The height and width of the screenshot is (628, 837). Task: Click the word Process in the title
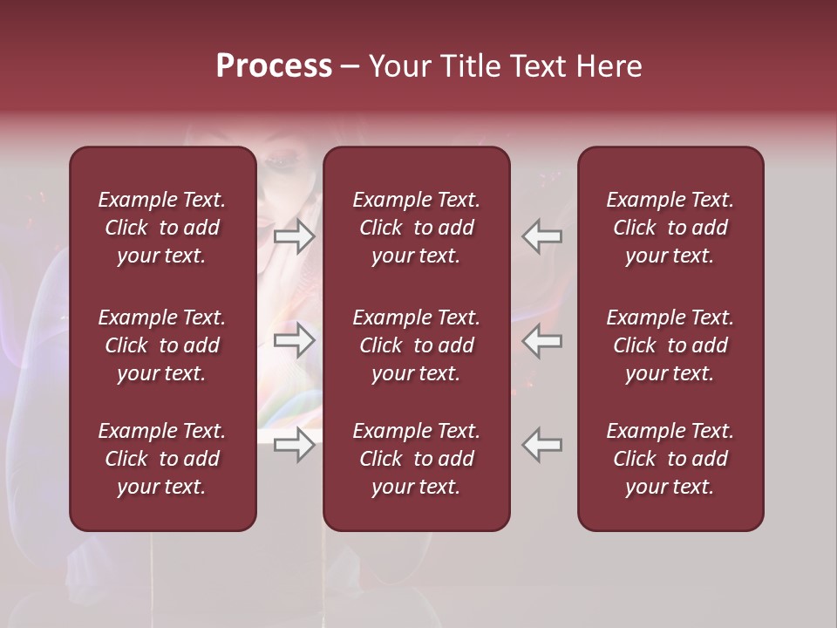(x=274, y=66)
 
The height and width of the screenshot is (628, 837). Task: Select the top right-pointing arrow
(x=295, y=237)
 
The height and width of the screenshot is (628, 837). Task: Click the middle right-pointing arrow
(x=295, y=340)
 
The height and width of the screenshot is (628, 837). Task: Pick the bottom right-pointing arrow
(x=295, y=445)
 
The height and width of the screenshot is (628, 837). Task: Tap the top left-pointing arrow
(x=542, y=237)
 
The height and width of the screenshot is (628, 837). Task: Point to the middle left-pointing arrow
(x=542, y=340)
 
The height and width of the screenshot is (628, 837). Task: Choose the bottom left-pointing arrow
(x=542, y=445)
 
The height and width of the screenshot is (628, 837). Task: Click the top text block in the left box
(x=162, y=228)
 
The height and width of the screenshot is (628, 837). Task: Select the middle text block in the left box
(x=162, y=345)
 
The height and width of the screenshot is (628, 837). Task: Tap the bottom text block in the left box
(x=162, y=459)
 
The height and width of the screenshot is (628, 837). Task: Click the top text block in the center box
(x=416, y=228)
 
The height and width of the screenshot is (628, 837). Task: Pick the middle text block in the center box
(x=416, y=345)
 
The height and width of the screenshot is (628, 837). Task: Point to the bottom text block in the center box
(x=416, y=459)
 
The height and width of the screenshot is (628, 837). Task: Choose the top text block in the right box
(x=670, y=228)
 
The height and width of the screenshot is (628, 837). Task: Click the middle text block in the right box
(x=670, y=345)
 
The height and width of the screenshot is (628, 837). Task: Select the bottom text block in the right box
(x=670, y=459)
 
